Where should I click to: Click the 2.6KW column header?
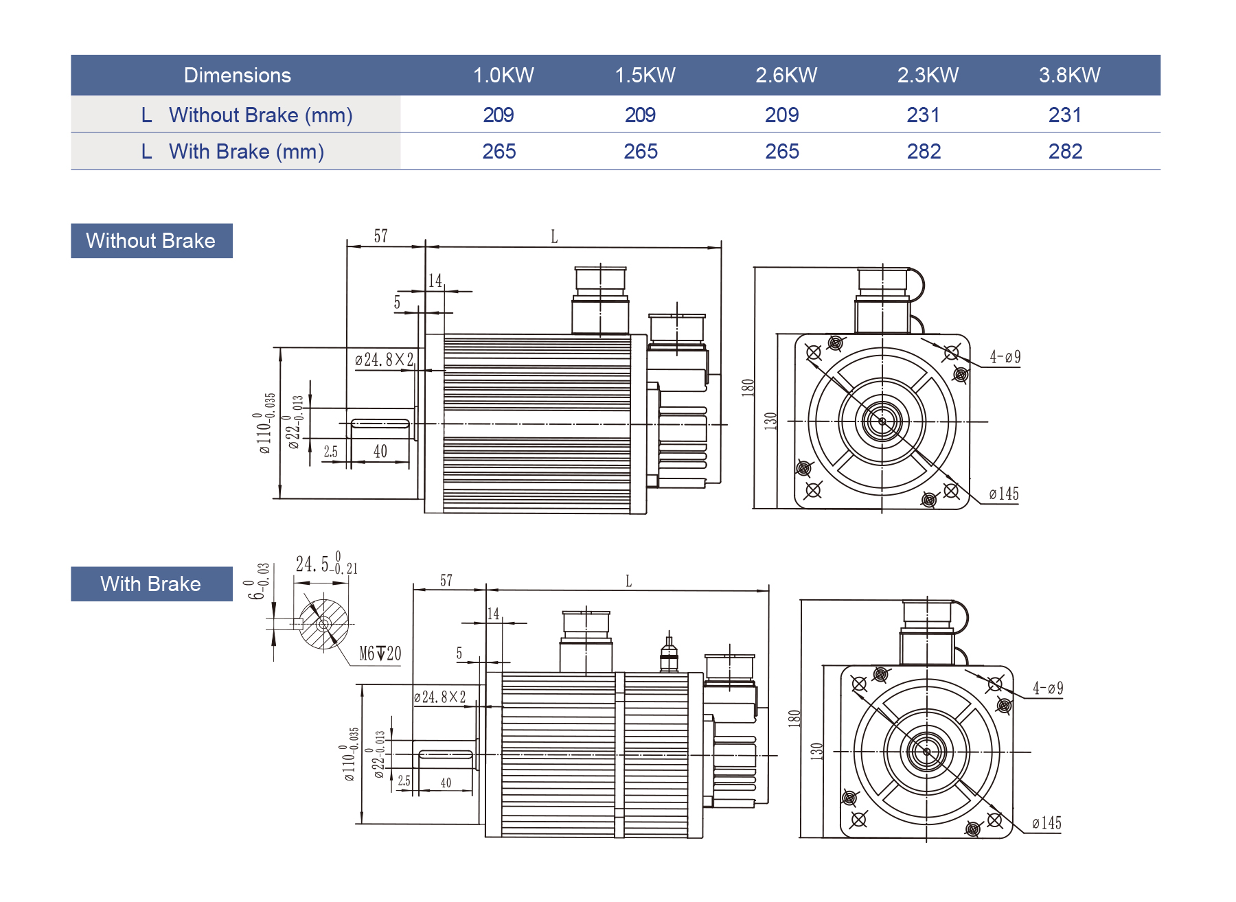point(786,76)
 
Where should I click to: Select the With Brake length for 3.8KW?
point(1065,151)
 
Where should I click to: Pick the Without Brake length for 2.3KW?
point(923,115)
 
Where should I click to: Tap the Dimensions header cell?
point(237,76)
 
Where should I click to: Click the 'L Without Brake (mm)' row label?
point(247,115)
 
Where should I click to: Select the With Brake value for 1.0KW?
point(499,151)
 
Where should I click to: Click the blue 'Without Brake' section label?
point(151,241)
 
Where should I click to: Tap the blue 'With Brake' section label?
point(151,584)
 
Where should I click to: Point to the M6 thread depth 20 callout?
point(380,654)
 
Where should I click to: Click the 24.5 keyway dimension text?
point(325,564)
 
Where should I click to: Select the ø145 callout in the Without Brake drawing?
point(1004,494)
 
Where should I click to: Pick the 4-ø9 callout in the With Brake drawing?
point(1048,689)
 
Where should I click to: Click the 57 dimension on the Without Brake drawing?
point(381,236)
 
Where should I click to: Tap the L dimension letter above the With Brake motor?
point(628,581)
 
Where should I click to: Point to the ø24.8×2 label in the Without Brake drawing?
point(385,360)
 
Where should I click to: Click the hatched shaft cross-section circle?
point(323,624)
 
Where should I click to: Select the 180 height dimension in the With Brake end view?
point(794,718)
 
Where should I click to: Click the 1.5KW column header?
point(645,76)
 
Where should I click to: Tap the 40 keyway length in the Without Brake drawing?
point(380,451)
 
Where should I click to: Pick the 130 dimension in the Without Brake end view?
point(770,420)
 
